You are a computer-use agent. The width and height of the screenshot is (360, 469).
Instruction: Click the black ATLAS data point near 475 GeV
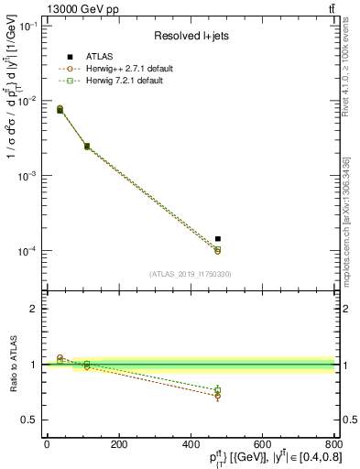tap(218, 238)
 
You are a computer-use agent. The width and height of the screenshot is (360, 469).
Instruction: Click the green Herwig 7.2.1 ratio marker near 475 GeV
tap(218, 390)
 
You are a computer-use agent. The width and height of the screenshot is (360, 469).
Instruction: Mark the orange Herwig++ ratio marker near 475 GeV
tap(218, 396)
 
